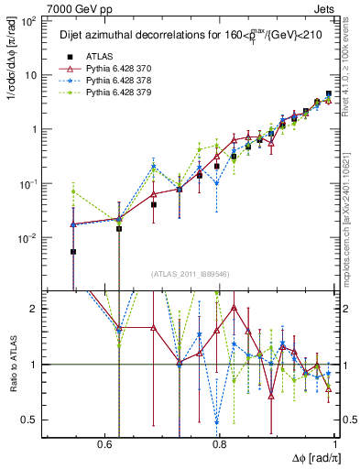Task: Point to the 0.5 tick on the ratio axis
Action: click(31, 420)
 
